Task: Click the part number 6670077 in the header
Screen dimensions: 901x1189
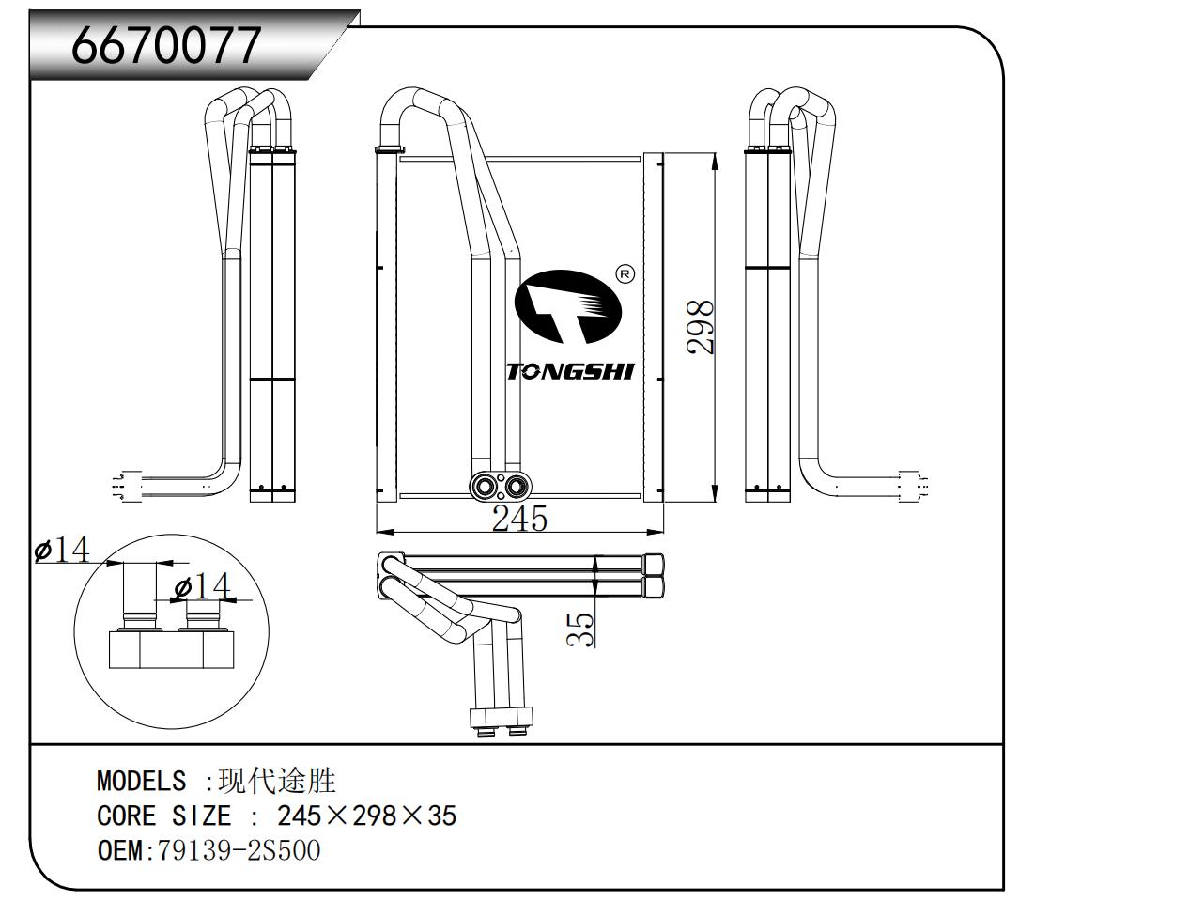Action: click(x=166, y=44)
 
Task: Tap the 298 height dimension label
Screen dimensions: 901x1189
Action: click(x=701, y=327)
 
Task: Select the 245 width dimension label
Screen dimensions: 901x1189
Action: click(x=519, y=518)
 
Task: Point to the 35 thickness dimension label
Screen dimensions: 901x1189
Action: click(x=582, y=628)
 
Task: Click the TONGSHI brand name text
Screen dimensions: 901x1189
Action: click(x=570, y=371)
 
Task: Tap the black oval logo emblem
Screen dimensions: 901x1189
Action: click(x=568, y=306)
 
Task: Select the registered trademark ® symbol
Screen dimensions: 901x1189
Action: click(x=625, y=273)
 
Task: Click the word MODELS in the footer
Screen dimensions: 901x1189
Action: click(x=141, y=781)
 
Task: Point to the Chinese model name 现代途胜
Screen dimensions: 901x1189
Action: click(x=277, y=780)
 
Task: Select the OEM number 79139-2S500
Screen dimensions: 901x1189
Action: click(x=239, y=850)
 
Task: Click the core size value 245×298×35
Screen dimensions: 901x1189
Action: click(x=366, y=816)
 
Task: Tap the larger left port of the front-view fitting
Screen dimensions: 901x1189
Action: click(x=486, y=487)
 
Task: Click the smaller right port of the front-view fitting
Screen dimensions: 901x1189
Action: click(x=515, y=486)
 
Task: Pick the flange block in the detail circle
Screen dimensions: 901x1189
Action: click(x=170, y=649)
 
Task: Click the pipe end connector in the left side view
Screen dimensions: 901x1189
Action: click(x=128, y=486)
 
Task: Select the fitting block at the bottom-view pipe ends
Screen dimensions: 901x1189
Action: click(x=500, y=719)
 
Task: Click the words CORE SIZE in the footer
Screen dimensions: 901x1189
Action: click(x=163, y=816)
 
